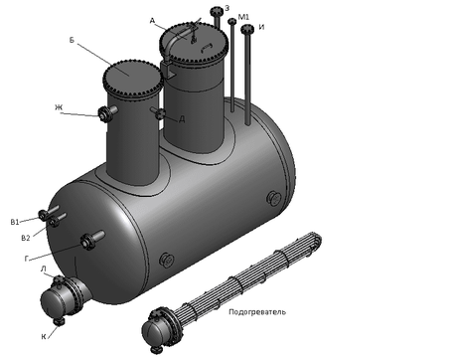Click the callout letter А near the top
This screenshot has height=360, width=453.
tap(152, 21)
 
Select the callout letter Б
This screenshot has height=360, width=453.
tap(72, 40)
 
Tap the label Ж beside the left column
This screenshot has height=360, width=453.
tap(59, 107)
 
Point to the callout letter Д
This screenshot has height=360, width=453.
tap(182, 119)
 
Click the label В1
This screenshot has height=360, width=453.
tap(15, 222)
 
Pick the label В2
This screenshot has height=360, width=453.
tap(26, 238)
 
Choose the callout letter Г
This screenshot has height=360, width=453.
tap(27, 259)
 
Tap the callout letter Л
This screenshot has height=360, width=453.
tap(44, 270)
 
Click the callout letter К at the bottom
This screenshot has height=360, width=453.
tap(44, 337)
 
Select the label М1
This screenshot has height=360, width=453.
tap(243, 17)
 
